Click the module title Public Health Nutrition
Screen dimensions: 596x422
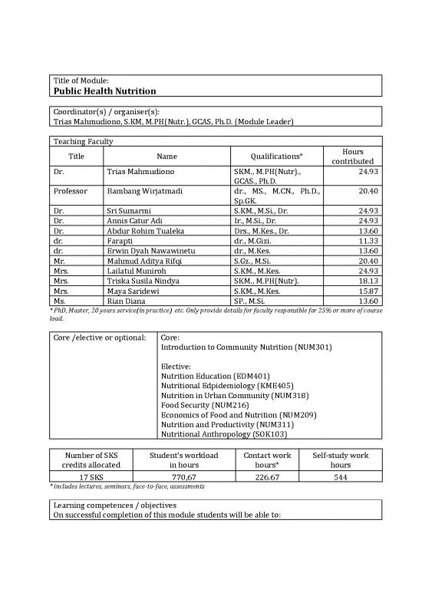pos(104,91)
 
